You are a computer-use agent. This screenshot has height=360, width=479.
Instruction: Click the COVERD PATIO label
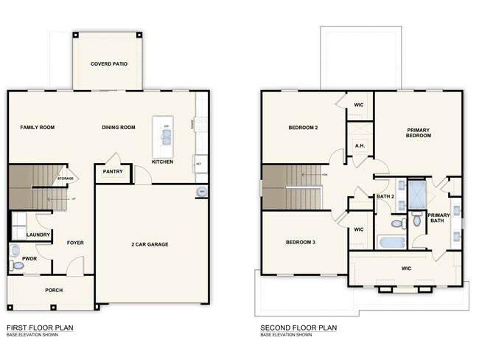(108, 64)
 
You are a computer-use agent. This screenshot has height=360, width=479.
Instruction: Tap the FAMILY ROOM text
(37, 128)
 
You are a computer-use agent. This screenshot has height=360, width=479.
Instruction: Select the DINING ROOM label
(119, 128)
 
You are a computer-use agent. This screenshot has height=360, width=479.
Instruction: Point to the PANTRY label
(113, 172)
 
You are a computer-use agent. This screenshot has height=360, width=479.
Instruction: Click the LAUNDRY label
(38, 235)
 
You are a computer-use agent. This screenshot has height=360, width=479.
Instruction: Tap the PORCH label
(54, 290)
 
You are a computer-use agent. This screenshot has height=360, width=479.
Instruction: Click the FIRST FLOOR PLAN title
(39, 327)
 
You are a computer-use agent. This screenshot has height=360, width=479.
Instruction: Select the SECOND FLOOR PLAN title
(298, 327)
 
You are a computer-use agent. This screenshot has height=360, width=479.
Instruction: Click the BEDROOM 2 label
(302, 128)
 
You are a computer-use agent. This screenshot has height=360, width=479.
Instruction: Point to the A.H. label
(360, 145)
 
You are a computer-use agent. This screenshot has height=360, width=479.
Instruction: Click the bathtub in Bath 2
(391, 242)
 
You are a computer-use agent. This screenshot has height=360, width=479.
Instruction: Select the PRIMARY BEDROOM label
(418, 134)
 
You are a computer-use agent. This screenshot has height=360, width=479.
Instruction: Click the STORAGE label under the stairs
(66, 179)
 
